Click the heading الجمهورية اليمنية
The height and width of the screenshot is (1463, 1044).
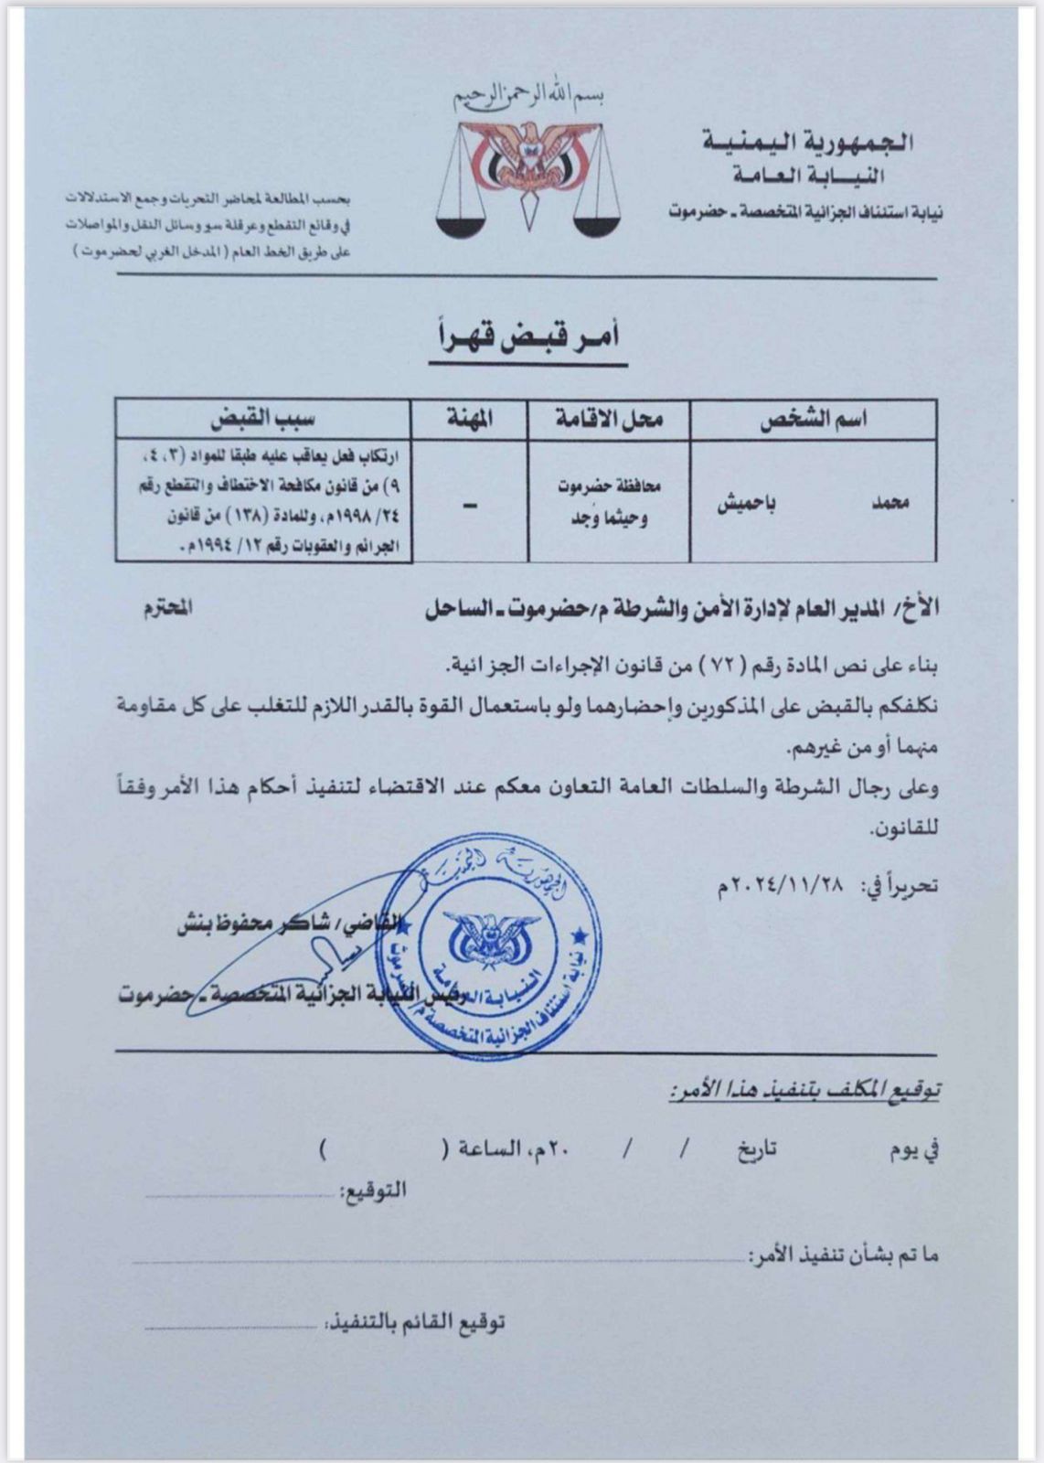[x=808, y=142]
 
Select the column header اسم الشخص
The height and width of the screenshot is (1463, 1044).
[x=814, y=419]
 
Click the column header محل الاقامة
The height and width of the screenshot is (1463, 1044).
[x=609, y=419]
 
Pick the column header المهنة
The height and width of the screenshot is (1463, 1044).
[x=469, y=419]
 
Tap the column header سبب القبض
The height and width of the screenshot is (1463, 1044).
[x=263, y=419]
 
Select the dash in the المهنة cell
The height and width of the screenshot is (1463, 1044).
[x=470, y=504]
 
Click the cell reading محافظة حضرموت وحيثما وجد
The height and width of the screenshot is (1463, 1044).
[x=609, y=502]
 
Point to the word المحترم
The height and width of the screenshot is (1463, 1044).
[x=168, y=608]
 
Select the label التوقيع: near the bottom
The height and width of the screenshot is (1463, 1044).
[x=372, y=1191]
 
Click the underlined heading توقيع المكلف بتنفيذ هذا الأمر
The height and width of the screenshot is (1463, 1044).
[x=805, y=1089]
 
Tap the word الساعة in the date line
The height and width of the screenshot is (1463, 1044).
[x=487, y=1148]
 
